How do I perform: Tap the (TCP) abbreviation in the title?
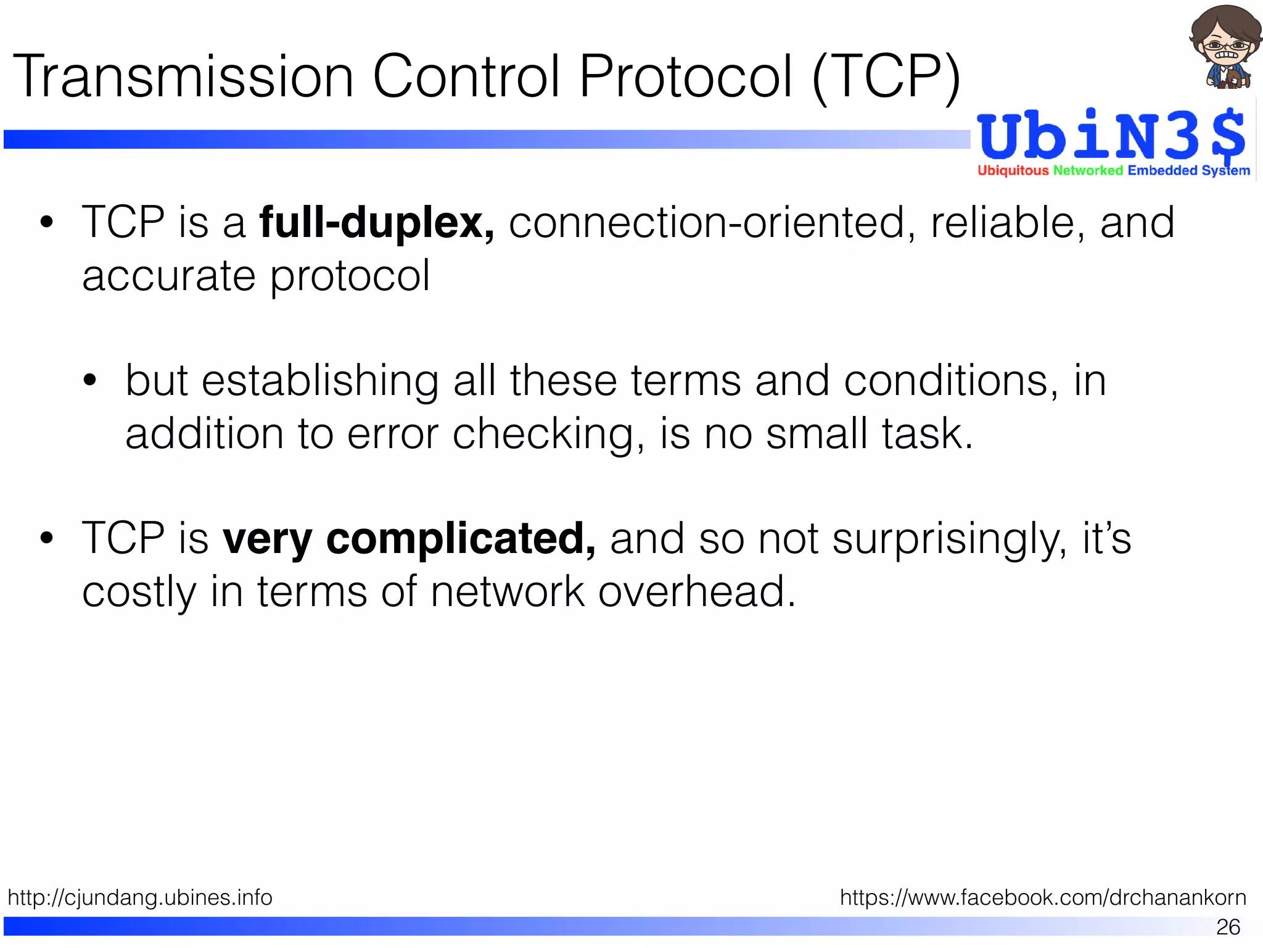click(887, 78)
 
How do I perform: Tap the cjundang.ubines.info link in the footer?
click(140, 897)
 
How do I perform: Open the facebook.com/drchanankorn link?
click(1043, 897)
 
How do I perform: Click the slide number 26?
click(1228, 926)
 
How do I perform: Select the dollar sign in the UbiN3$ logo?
click(1227, 137)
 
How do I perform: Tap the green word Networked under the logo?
click(1088, 170)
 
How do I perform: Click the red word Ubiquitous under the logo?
click(1013, 170)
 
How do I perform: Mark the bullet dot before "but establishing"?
click(91, 380)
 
